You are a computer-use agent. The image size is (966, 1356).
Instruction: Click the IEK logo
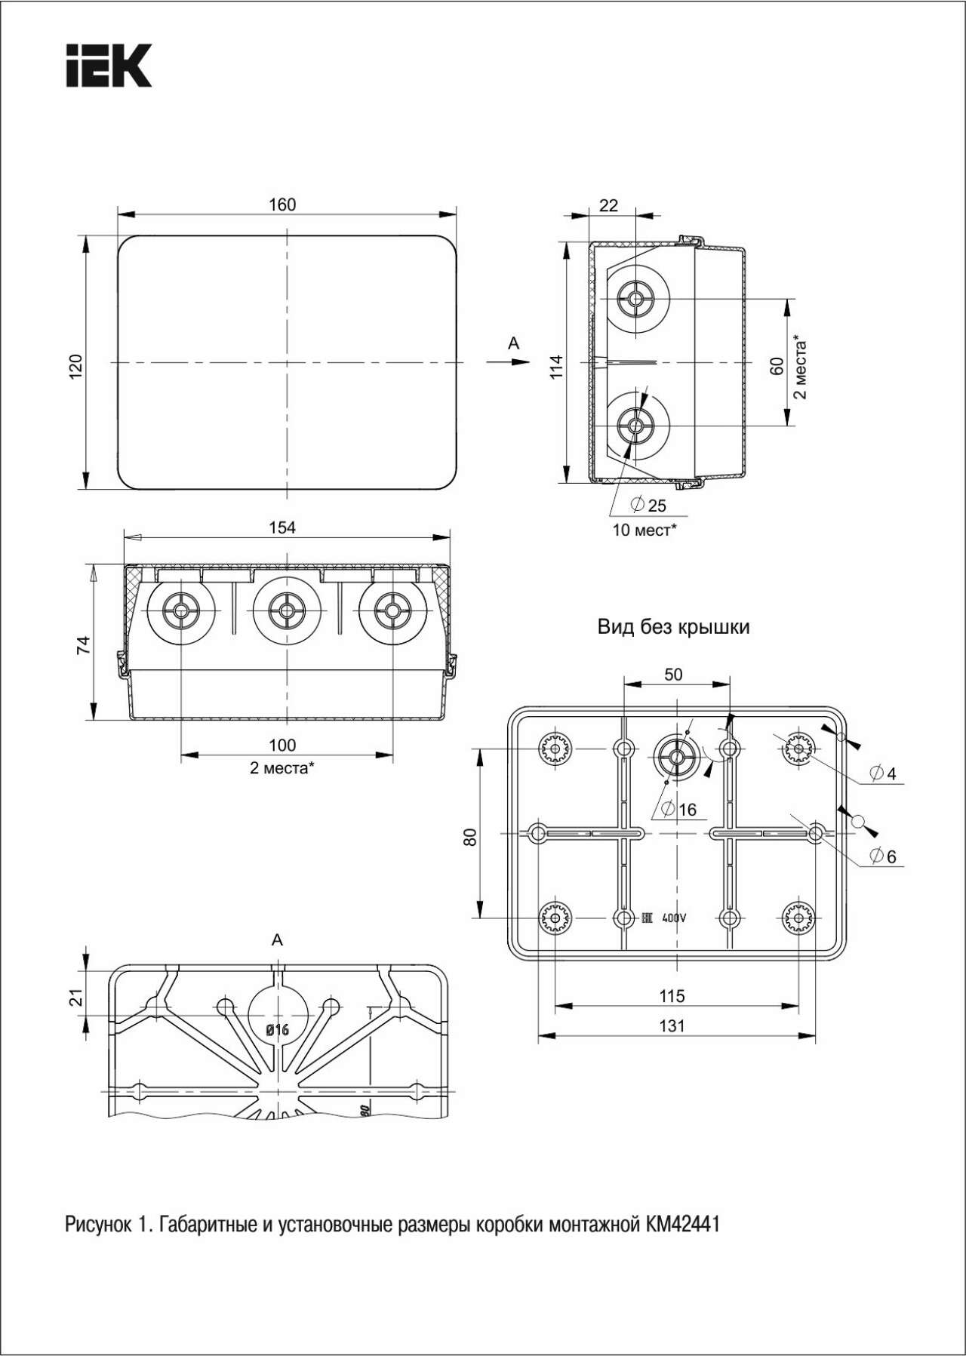tap(109, 65)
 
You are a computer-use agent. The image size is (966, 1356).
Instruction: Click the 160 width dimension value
tap(282, 204)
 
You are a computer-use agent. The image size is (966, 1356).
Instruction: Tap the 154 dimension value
tap(282, 527)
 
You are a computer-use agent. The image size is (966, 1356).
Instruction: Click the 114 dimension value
tap(556, 367)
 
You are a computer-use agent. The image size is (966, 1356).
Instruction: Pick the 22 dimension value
tap(608, 204)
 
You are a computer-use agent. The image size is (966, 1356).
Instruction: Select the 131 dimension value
tap(672, 1025)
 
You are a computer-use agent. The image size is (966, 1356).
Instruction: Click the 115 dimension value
tap(672, 996)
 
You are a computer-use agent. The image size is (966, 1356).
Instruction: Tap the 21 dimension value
tap(75, 998)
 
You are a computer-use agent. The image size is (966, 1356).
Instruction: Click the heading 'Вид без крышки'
tap(673, 626)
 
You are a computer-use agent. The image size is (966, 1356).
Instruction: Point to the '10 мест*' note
tap(644, 530)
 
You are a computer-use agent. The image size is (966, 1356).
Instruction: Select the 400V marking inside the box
tap(673, 918)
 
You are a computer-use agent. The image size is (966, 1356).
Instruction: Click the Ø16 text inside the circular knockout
tap(277, 1030)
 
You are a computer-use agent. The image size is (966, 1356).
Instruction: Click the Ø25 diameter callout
tap(648, 504)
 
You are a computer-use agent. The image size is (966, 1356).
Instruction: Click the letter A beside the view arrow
tap(514, 343)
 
